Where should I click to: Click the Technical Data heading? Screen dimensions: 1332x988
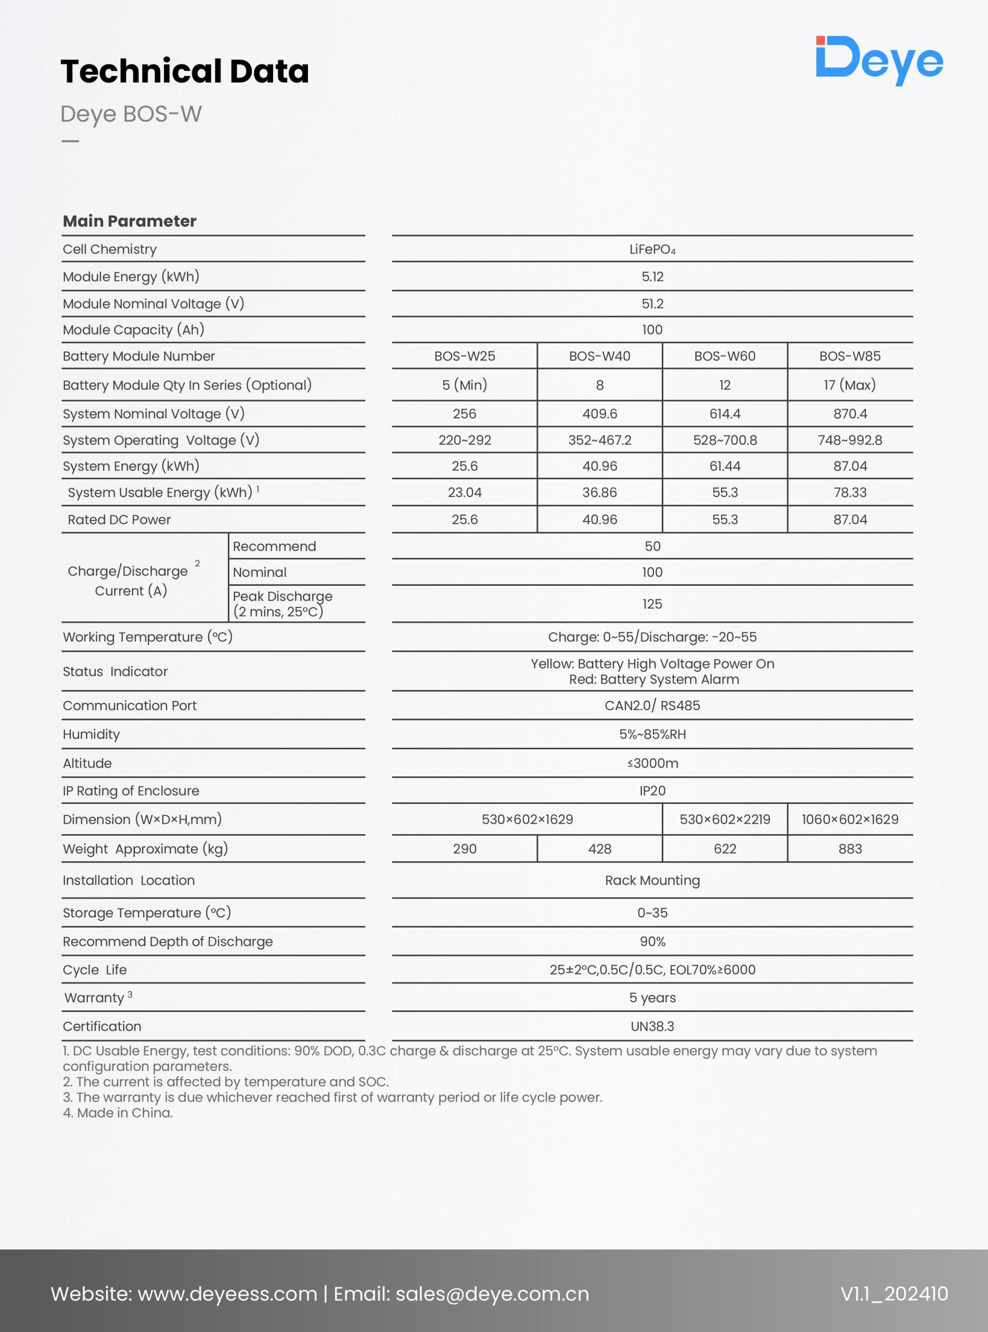[185, 71]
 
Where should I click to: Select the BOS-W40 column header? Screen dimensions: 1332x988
[599, 356]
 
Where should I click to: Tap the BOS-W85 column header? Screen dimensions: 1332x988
[849, 356]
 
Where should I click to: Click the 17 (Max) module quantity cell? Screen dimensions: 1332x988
[849, 385]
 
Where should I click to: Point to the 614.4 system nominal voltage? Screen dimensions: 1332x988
[724, 414]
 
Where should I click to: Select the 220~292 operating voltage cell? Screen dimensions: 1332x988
[464, 440]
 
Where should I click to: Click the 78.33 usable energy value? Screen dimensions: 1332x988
[849, 492]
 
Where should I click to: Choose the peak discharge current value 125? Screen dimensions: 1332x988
[652, 604]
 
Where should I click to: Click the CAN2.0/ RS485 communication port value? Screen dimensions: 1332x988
[652, 706]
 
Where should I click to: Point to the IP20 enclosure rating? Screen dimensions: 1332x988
[652, 791]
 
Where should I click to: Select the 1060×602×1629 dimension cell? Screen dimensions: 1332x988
[849, 819]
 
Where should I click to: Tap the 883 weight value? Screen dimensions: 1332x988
[849, 849]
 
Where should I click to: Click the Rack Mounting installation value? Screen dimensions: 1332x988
[652, 880]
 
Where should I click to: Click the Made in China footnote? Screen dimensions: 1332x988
[118, 1112]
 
